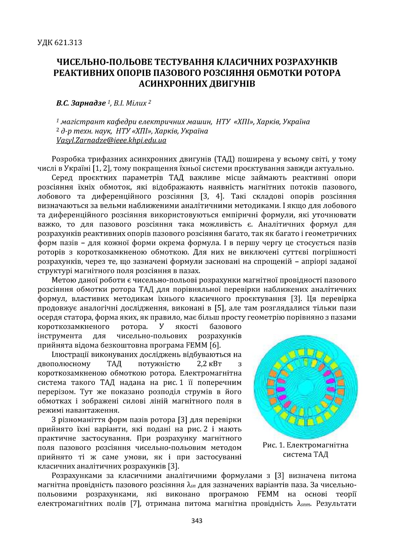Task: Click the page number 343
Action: coord(197,529)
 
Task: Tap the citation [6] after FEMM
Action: coord(215,345)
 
